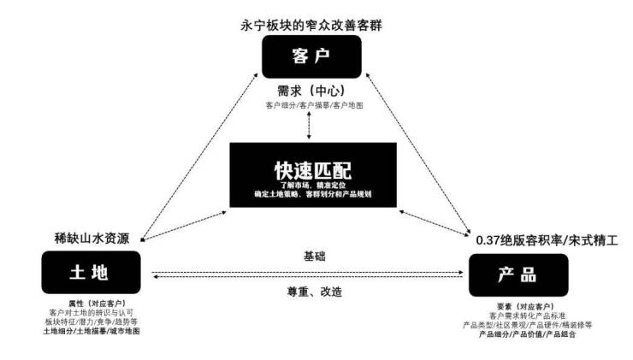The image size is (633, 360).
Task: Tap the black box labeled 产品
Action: [x=518, y=275]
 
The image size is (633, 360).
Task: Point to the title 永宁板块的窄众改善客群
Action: [x=311, y=25]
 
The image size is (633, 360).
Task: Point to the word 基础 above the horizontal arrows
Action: [x=315, y=257]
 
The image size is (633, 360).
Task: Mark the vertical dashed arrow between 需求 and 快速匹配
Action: [x=310, y=126]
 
